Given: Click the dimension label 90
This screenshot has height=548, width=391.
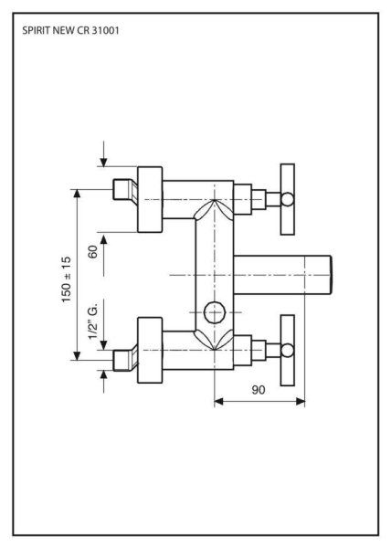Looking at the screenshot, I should pos(259,390).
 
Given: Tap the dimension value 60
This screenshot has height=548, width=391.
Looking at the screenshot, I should pos(93,252).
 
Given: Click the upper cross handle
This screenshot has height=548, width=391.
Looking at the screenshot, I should pos(289,199).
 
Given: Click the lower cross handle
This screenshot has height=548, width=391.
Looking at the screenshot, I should pos(289,348).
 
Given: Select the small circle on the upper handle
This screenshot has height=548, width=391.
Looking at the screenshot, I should pos(289,199).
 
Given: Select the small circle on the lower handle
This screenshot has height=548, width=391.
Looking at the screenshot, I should pos(289,348).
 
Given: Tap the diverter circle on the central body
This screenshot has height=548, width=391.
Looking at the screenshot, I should pos(215,311).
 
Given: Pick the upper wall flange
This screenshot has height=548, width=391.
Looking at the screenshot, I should pos(150,199).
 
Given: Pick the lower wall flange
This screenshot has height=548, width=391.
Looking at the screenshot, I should pos(150,348).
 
